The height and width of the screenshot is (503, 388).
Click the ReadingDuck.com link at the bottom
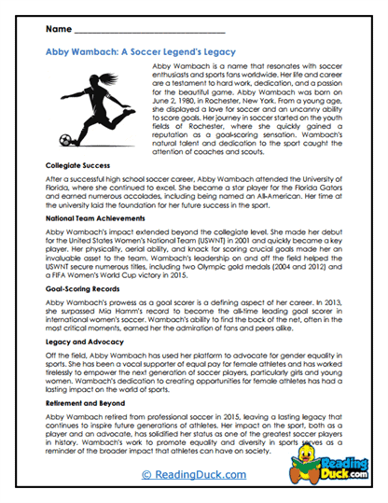193,475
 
